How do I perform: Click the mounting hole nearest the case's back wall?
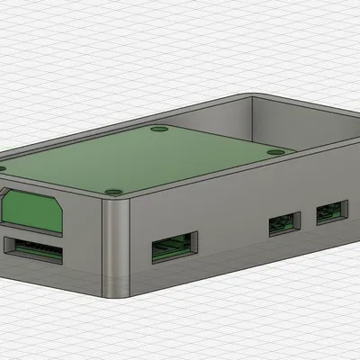tap(160, 130)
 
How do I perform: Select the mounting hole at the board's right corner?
tap(275, 152)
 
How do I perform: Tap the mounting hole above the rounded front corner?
tap(112, 191)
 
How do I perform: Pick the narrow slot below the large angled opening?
tap(34, 247)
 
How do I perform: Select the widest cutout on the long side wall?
tap(175, 245)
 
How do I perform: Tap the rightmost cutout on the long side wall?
tap(329, 214)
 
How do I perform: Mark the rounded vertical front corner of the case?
tap(117, 247)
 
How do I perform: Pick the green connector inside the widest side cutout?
tap(175, 247)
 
